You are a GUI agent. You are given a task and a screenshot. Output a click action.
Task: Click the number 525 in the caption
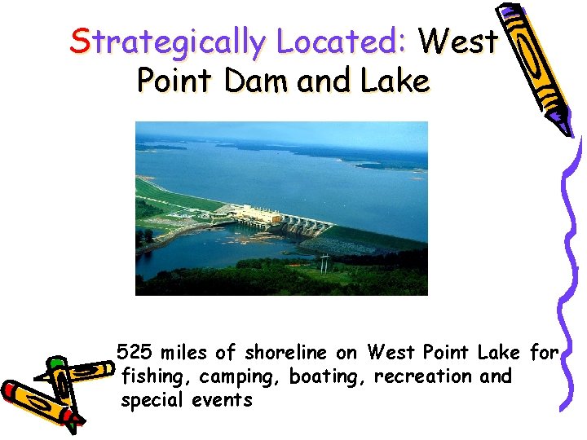pyautogui.click(x=135, y=353)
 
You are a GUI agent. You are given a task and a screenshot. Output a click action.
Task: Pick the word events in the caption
pyautogui.click(x=223, y=400)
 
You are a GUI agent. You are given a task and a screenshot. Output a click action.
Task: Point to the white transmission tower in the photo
pyautogui.click(x=324, y=262)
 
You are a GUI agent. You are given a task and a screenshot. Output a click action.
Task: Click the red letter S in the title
pyautogui.click(x=80, y=41)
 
